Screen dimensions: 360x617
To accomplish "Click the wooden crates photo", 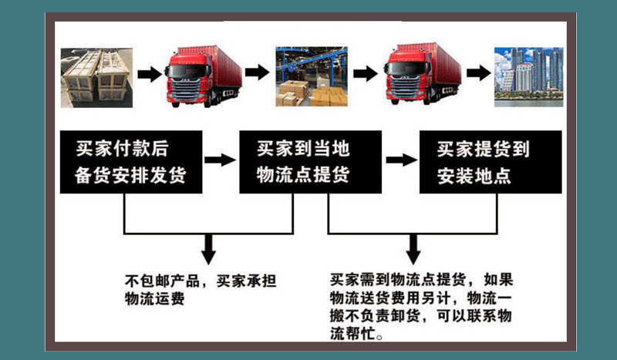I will [96, 76].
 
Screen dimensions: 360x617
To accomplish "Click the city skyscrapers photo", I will [528, 76].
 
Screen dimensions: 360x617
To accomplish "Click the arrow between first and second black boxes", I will [222, 160].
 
